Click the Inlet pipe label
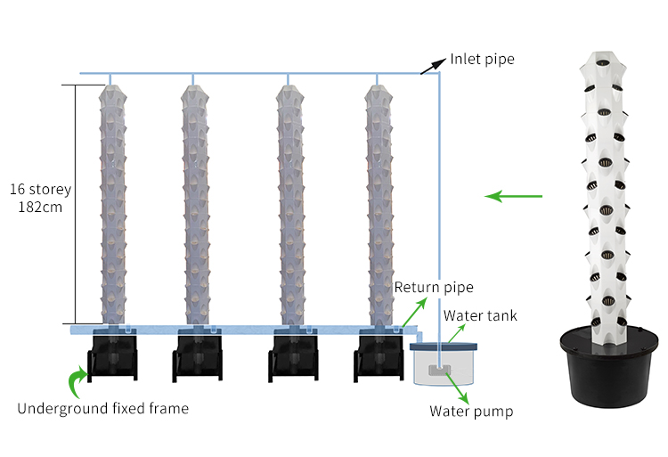482,60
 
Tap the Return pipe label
434,288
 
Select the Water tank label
480,315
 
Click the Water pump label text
471,411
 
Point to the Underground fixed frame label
103,409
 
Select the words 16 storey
40,190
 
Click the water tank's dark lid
445,345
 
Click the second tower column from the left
196,205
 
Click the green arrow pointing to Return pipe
408,312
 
